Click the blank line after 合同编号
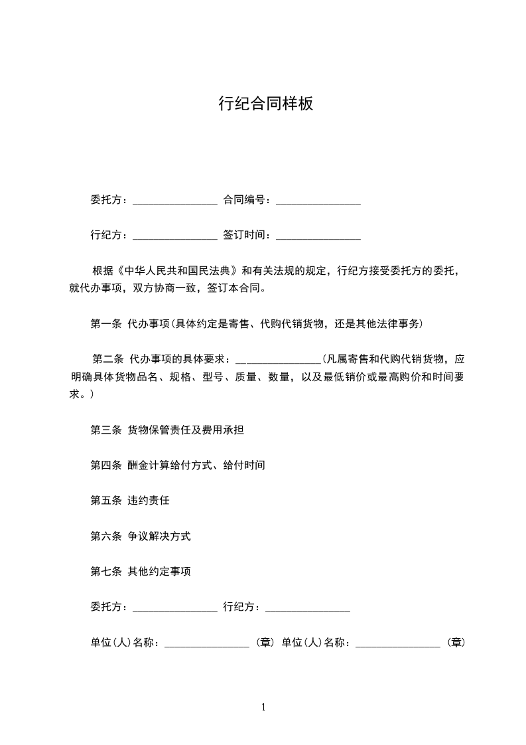(318, 201)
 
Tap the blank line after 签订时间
(318, 236)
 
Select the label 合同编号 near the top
(243, 200)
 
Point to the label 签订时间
(243, 235)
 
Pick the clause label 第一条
(105, 324)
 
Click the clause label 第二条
(108, 360)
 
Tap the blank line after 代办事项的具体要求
(278, 361)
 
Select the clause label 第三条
(105, 430)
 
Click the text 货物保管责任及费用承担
(185, 430)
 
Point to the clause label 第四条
(105, 465)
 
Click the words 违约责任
(148, 501)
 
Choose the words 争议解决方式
(159, 536)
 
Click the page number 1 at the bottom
(263, 707)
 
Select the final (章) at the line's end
(456, 643)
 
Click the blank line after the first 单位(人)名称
(206, 643)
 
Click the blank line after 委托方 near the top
(175, 201)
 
